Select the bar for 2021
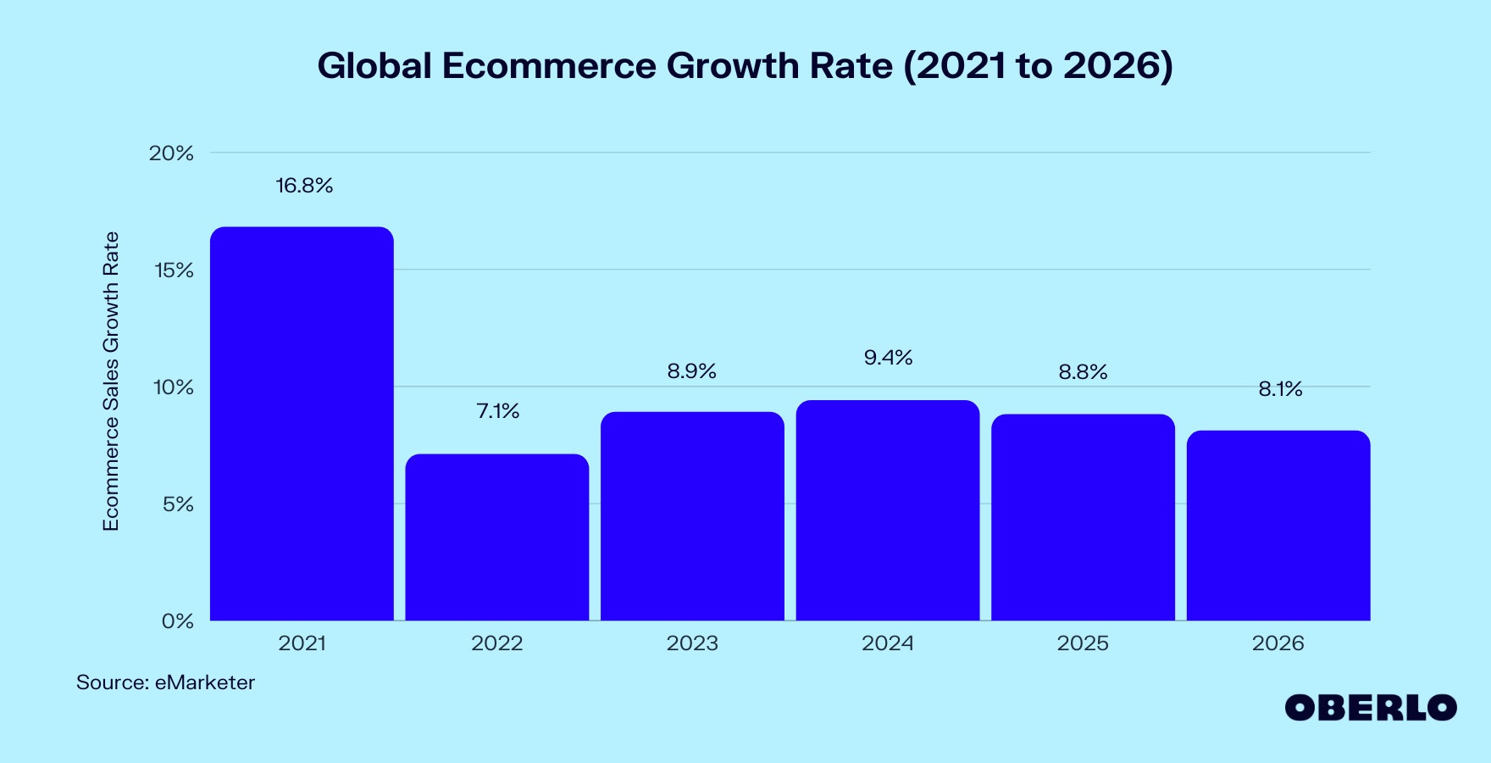[302, 424]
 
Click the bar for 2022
[497, 537]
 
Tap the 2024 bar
[888, 510]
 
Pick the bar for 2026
[1278, 526]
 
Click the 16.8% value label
[304, 186]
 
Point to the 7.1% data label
[498, 411]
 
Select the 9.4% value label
[888, 358]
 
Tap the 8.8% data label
[1083, 372]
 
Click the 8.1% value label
[1280, 389]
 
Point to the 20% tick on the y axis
[171, 153]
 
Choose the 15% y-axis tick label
[173, 270]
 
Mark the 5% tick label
[177, 504]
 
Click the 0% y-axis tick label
[177, 621]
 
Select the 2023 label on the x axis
[692, 643]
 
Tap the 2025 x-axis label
[1083, 643]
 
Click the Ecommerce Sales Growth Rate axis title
[111, 381]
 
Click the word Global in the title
[374, 66]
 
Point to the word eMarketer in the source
[204, 682]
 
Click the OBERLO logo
[1370, 708]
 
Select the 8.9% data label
[692, 371]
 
